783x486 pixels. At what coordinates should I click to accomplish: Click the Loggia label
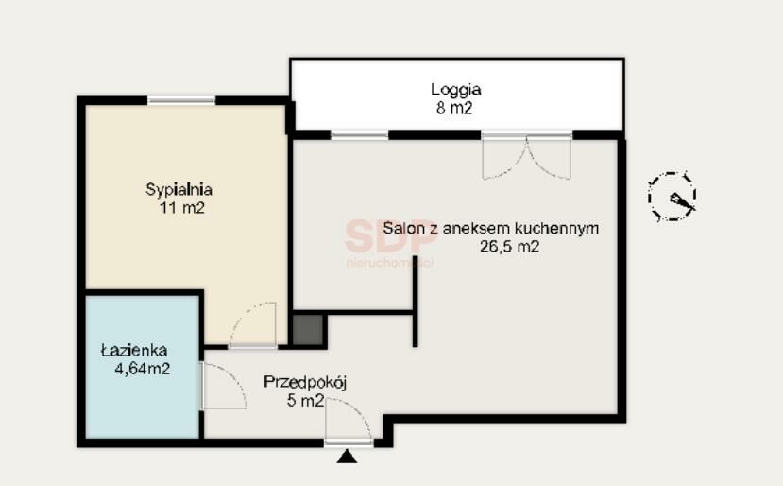pos(455,90)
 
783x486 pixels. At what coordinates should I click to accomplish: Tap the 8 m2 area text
pos(454,109)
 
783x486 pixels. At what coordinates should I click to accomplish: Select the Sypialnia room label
pos(179,190)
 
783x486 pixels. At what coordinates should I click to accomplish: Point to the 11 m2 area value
pos(181,208)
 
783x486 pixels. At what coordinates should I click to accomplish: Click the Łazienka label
pos(134,350)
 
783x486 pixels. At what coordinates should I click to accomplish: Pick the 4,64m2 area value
pos(143,369)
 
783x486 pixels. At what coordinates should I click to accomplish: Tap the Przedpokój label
pos(305,383)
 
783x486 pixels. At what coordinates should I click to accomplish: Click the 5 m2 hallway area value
pos(305,401)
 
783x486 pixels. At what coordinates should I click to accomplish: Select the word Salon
pos(402,229)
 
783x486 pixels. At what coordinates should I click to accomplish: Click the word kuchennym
pos(556,229)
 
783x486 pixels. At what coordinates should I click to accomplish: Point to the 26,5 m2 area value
pos(509,247)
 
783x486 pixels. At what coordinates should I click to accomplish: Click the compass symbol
pos(672,197)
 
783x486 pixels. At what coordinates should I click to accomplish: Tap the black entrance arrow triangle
pos(347,457)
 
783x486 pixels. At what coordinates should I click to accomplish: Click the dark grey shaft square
pos(308,329)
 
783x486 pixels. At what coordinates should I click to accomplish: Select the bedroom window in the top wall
pos(181,100)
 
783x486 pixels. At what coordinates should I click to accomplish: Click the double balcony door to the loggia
pos(526,157)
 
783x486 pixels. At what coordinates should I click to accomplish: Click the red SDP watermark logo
pos(390,236)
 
